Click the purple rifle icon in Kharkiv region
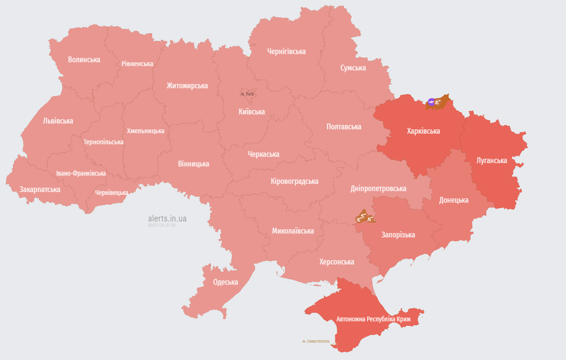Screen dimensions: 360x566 (431, 102)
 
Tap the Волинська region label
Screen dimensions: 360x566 (84, 60)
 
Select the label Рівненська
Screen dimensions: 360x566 (137, 64)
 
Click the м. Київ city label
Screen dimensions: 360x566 (247, 94)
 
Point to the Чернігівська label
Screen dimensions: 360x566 (286, 52)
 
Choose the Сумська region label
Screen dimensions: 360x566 (353, 68)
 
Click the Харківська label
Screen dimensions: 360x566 (423, 131)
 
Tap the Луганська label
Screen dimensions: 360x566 (491, 160)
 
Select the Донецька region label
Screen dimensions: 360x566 (453, 200)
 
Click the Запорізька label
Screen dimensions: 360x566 (398, 235)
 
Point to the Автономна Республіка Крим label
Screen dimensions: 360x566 (373, 319)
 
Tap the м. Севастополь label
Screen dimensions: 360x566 (316, 341)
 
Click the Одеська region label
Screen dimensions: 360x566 (226, 282)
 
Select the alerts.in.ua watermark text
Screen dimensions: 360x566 (167, 219)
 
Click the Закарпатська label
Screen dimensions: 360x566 (40, 190)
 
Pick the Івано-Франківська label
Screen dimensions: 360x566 (81, 173)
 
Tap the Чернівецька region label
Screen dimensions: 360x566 (112, 193)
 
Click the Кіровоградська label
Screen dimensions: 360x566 (295, 181)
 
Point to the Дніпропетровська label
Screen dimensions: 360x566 (378, 189)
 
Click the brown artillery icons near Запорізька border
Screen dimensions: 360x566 (365, 217)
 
